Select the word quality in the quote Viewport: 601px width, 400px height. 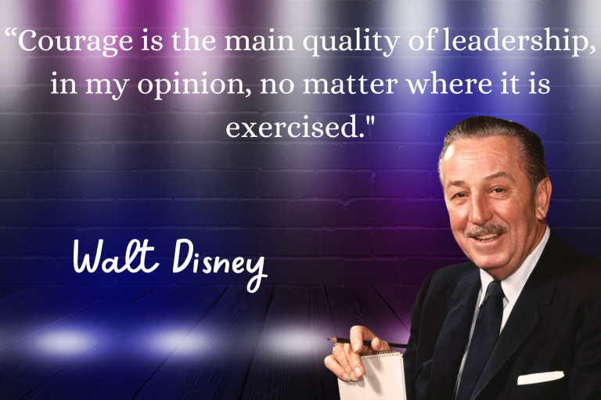click(x=351, y=41)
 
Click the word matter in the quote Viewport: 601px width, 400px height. click(x=351, y=85)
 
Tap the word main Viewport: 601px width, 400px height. click(x=259, y=41)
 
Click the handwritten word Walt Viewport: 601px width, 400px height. click(x=115, y=256)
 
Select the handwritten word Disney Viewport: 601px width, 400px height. click(x=219, y=263)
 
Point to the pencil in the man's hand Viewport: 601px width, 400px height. click(x=368, y=342)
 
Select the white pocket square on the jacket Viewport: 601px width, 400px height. click(x=541, y=378)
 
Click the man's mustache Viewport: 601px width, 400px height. click(x=486, y=229)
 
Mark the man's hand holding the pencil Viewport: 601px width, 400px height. click(x=354, y=355)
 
